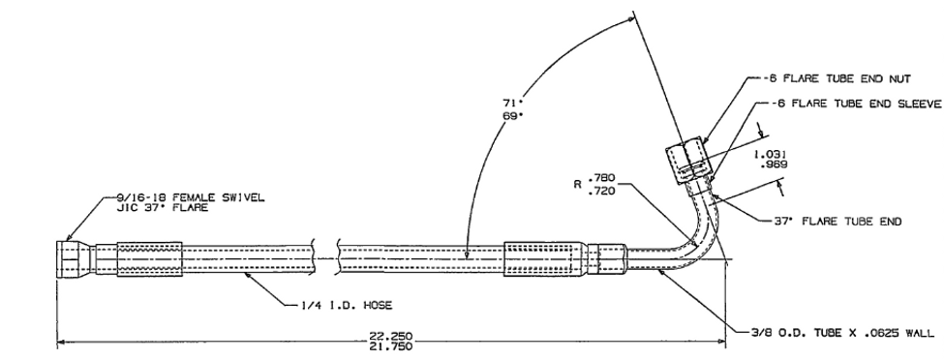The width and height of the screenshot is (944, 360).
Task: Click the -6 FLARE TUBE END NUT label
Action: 832,81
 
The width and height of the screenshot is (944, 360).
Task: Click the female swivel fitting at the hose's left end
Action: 76,258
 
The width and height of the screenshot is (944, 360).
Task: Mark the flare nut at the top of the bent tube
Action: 686,154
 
